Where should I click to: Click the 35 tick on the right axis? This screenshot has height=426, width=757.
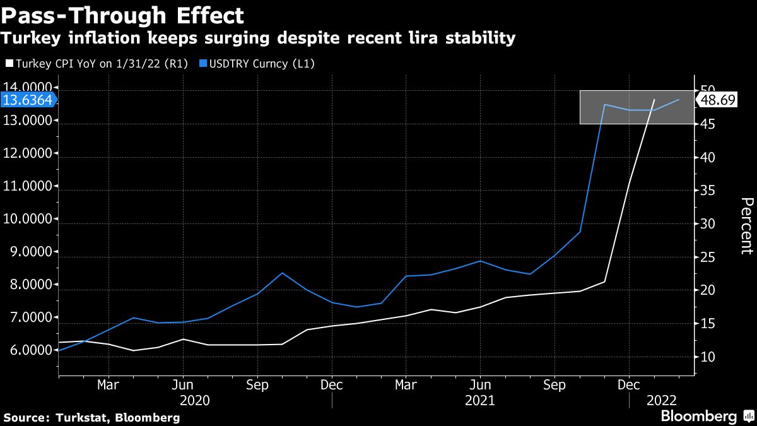click(x=707, y=191)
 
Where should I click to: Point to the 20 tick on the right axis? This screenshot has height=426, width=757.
click(x=707, y=290)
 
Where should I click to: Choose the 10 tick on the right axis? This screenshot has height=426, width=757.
click(x=707, y=357)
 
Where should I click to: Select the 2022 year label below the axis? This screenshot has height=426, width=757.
click(x=661, y=400)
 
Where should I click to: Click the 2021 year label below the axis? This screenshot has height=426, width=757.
click(x=479, y=400)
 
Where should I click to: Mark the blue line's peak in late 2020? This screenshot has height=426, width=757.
click(x=282, y=273)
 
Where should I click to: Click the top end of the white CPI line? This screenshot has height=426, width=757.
click(x=654, y=100)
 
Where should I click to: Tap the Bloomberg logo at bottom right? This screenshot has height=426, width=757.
click(x=698, y=417)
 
